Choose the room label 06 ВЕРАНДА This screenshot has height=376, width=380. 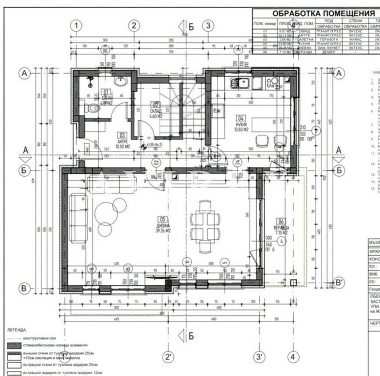point(281,226)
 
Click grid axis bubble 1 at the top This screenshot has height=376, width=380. point(77,25)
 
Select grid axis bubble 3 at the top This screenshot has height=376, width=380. point(209,25)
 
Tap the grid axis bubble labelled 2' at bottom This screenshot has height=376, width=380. point(169,356)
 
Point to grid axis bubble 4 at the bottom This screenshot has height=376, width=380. point(293,356)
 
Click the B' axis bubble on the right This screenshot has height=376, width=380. point(339,281)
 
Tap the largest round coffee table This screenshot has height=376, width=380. point(106,210)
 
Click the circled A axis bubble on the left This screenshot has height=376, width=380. point(24,71)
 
